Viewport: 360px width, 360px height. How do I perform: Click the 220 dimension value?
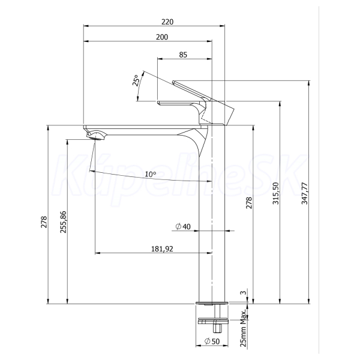(x=167, y=22)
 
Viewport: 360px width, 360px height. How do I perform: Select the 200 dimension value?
(x=162, y=37)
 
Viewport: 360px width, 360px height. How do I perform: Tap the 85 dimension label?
(x=183, y=55)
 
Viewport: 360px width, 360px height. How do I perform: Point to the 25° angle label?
(x=136, y=80)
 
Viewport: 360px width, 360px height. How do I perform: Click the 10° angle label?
(x=151, y=174)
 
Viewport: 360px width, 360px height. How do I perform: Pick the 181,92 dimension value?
(x=162, y=249)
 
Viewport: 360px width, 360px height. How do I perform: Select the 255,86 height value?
(x=63, y=222)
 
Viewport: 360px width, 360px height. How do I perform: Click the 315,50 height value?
(x=275, y=193)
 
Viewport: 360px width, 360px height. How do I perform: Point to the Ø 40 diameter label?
(x=183, y=227)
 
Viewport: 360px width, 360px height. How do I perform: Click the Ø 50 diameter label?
(x=212, y=341)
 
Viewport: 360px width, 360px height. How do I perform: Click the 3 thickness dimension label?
(x=244, y=293)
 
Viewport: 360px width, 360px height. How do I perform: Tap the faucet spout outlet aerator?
(x=96, y=137)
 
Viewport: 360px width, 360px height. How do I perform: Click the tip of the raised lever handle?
(x=173, y=82)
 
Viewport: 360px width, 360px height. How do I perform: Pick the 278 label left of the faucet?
(x=44, y=222)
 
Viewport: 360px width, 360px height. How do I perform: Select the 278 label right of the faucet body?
(x=249, y=203)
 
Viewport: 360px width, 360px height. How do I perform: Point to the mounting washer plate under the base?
(x=213, y=321)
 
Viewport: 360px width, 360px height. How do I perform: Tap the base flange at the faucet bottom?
(x=212, y=303)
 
